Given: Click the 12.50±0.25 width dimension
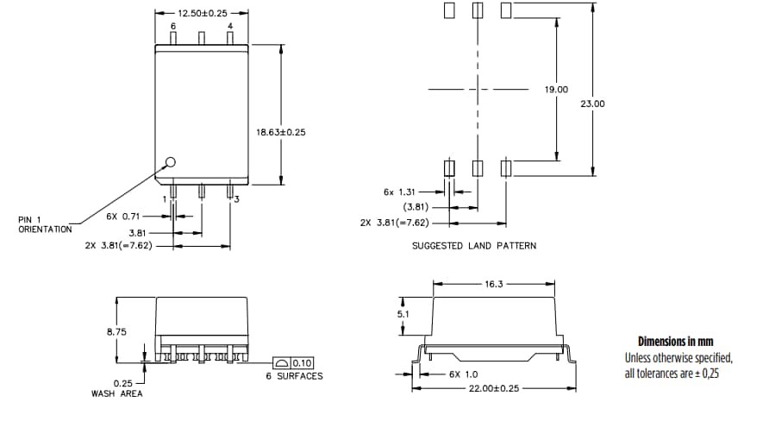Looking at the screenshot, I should point(201,14).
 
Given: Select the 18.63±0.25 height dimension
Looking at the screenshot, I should point(281,132).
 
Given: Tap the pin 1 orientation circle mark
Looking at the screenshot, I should point(170,161).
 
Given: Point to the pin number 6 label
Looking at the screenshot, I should point(172,27).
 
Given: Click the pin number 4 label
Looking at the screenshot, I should point(229,27).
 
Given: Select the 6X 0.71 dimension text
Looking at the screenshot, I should point(123,216).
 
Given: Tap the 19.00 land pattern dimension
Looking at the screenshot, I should point(557,90).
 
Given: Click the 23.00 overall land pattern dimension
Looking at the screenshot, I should point(593,104).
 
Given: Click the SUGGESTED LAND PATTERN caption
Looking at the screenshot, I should point(473,246).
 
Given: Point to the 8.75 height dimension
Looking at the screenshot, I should point(116,330).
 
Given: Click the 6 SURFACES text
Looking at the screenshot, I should point(293,376).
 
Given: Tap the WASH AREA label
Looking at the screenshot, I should point(116,393).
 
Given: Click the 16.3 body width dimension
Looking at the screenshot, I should point(494,283).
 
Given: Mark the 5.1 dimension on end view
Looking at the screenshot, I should point(403,315).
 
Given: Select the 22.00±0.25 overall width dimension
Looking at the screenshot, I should point(495,389).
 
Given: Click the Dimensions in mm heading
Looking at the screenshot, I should point(675,342).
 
